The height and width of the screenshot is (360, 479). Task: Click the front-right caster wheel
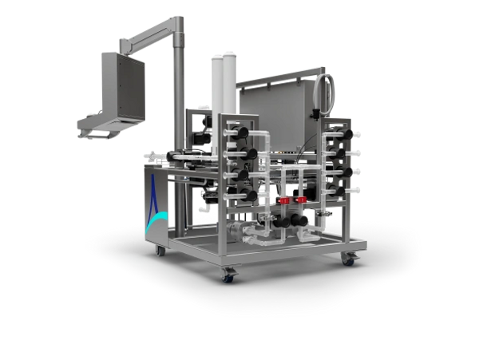click(x=349, y=260)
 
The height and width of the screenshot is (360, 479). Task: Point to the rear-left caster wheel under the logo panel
click(x=156, y=251)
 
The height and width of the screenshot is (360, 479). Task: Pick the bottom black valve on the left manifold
click(x=250, y=194)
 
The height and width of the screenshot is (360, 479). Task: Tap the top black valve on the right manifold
click(x=342, y=133)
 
